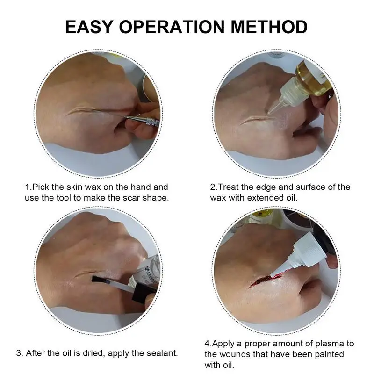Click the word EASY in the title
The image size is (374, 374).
[89, 27]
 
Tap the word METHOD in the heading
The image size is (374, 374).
[269, 27]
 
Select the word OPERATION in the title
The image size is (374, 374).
[172, 27]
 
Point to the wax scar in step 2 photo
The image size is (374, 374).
[256, 119]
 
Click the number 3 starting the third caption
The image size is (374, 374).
[19, 353]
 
